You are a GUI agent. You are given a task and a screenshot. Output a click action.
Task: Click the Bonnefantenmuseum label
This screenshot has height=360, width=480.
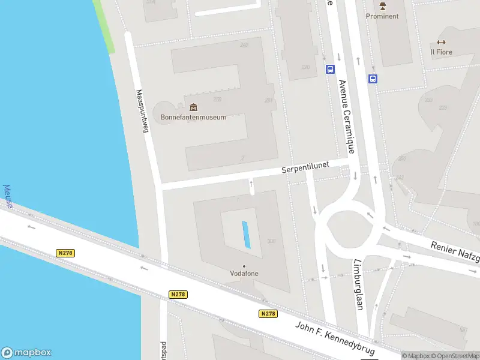(193, 117)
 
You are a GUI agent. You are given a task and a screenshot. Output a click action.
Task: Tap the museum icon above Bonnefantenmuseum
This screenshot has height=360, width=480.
(193, 107)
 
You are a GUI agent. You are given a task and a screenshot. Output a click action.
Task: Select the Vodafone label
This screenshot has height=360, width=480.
(244, 274)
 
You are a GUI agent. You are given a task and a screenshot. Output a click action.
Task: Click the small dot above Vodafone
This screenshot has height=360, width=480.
(244, 266)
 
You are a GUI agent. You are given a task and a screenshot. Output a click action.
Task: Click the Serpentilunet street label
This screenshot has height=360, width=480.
(306, 170)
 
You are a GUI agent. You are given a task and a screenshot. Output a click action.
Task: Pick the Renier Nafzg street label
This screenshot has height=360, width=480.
(455, 252)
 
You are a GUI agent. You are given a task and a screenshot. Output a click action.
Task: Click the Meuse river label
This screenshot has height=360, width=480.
(8, 196)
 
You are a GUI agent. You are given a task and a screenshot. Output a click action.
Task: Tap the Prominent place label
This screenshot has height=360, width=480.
(382, 16)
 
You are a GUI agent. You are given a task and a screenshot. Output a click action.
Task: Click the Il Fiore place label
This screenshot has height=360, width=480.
(441, 52)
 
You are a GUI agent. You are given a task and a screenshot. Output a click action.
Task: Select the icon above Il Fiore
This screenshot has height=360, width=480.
(441, 42)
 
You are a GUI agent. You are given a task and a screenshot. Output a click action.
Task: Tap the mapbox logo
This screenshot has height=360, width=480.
(26, 353)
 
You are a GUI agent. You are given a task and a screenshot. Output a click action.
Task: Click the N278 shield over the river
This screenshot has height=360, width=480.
(66, 253)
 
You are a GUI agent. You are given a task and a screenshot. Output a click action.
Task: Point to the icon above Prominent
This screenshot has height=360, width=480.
(382, 6)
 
